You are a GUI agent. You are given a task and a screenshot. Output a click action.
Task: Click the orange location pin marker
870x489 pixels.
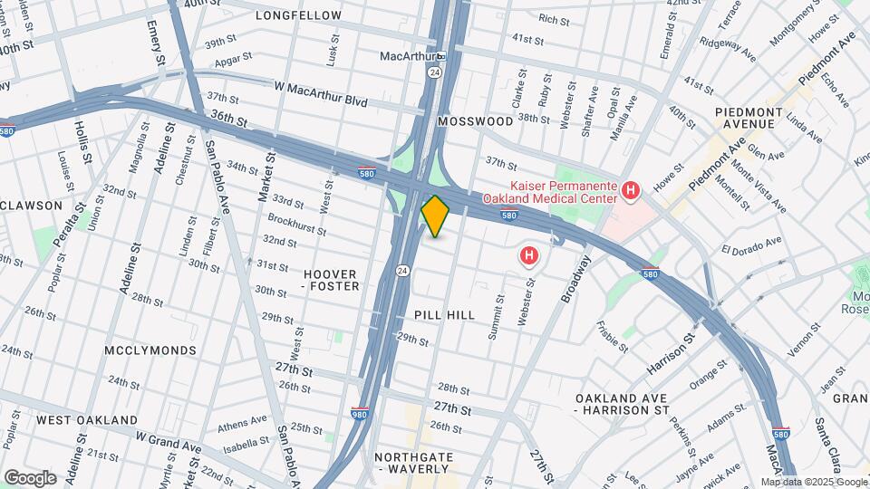click(x=435, y=216)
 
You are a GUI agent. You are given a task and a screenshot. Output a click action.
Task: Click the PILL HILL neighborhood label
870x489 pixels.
click(x=444, y=314)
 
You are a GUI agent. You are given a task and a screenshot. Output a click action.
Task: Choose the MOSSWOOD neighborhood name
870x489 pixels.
click(x=474, y=120)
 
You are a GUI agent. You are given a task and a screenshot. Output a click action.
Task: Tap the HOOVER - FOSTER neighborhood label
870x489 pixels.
click(x=331, y=280)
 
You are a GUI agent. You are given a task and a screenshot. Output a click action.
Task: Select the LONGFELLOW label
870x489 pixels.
click(x=298, y=15)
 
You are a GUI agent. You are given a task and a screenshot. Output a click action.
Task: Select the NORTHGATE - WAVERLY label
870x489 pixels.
click(x=413, y=463)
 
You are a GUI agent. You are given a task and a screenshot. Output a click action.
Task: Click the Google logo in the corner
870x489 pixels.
click(x=30, y=477)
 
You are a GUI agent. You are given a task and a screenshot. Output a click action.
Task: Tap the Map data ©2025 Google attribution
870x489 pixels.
click(x=813, y=482)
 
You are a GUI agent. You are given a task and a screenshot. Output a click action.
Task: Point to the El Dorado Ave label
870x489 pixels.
click(x=751, y=245)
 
